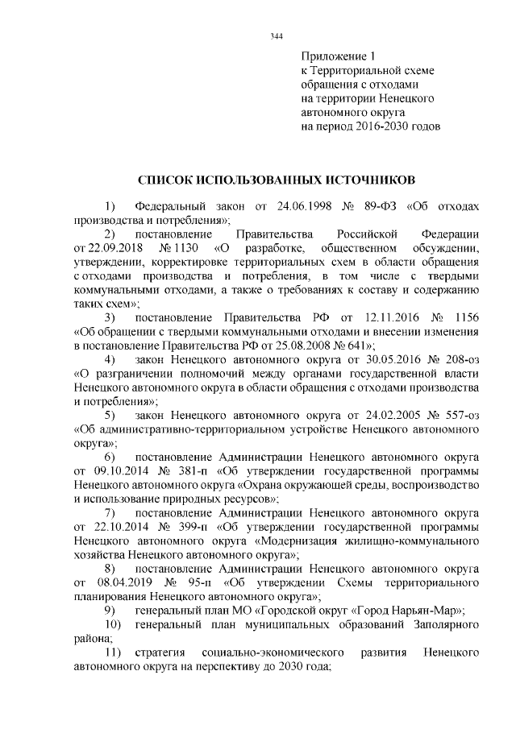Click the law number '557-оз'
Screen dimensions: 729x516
tap(463, 416)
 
